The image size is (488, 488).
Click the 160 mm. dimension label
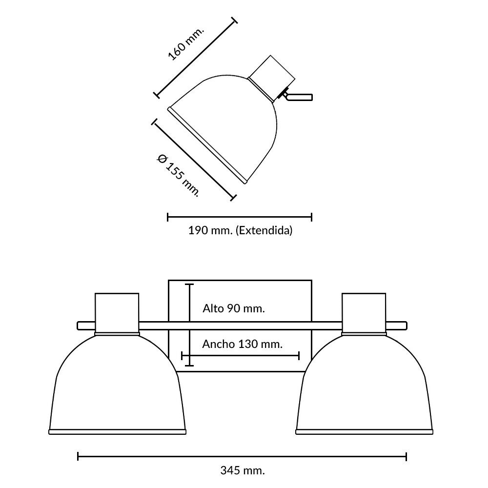[x=186, y=43]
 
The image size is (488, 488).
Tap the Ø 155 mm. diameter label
[x=178, y=175]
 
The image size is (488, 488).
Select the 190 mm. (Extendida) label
[x=240, y=231]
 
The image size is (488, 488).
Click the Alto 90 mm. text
[x=234, y=308]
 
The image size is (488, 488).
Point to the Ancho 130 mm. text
[x=243, y=344]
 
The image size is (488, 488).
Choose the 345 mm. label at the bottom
[x=243, y=470]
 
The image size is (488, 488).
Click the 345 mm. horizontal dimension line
[x=242, y=457]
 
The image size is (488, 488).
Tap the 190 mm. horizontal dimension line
[x=240, y=217]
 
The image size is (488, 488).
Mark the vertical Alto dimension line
[x=189, y=325]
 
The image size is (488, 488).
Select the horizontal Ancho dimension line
[x=240, y=356]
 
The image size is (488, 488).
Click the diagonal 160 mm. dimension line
[x=196, y=58]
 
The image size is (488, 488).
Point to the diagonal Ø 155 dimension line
[x=194, y=160]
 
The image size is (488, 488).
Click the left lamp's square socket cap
[x=117, y=313]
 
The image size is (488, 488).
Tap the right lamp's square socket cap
[x=364, y=313]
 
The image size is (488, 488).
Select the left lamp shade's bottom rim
[x=117, y=432]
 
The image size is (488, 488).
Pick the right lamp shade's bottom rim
[x=364, y=432]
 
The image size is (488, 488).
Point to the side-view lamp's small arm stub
[x=299, y=97]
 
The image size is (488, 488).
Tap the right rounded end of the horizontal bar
[x=405, y=325]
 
